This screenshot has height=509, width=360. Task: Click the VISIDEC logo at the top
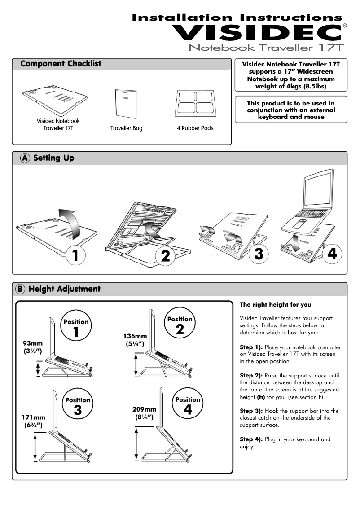(x=258, y=32)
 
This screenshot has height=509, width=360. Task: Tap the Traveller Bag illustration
(x=126, y=103)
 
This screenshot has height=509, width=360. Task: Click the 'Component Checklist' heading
(x=61, y=64)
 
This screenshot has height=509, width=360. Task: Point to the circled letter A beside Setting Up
(x=26, y=158)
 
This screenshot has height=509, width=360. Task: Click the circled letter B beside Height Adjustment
(x=21, y=289)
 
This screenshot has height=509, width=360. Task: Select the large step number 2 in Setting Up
(x=165, y=256)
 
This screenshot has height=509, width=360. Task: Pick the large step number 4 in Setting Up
(x=332, y=253)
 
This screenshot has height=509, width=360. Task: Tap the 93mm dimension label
(x=33, y=343)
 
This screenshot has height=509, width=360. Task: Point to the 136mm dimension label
(x=135, y=336)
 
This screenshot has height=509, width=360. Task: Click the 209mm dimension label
(x=144, y=409)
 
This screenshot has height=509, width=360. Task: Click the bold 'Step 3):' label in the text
(x=251, y=411)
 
